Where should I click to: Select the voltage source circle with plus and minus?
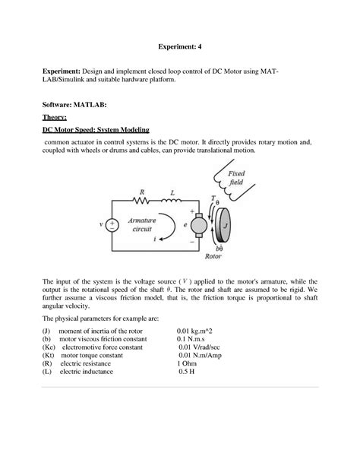point(111,226)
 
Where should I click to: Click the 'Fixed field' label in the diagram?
point(236,178)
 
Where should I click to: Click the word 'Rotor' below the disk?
point(214,256)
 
